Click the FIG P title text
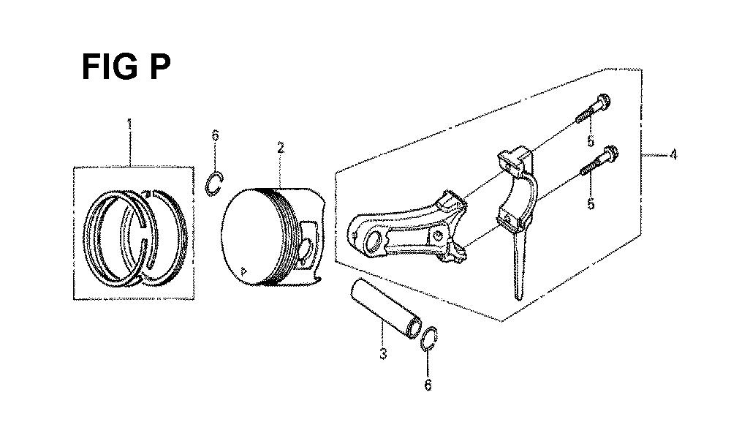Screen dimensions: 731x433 [126, 67]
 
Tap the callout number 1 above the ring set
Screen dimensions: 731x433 [129, 124]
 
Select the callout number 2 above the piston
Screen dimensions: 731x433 [280, 148]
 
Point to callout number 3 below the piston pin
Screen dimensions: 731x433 [383, 353]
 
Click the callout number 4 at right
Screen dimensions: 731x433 [673, 154]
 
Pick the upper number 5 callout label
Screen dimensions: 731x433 [591, 141]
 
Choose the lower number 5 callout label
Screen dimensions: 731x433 [591, 203]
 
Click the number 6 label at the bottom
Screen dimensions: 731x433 [428, 385]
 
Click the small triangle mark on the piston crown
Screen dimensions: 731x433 [242, 270]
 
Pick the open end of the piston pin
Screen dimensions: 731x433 [414, 328]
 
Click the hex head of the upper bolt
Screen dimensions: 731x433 [604, 99]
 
